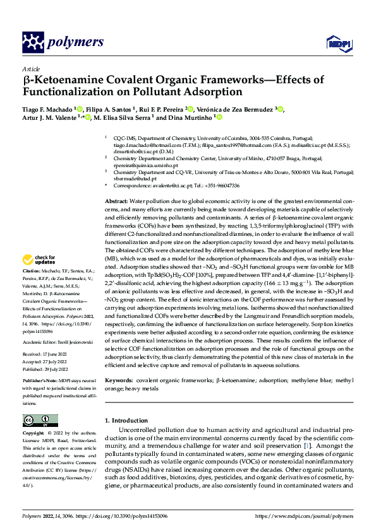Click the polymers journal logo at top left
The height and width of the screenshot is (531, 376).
click(x=63, y=42)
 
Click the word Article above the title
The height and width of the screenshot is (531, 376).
click(x=30, y=68)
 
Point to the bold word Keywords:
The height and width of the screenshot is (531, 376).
click(x=119, y=381)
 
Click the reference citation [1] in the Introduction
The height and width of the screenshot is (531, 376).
click(x=306, y=446)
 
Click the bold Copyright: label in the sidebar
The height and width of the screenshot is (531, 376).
click(x=34, y=435)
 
